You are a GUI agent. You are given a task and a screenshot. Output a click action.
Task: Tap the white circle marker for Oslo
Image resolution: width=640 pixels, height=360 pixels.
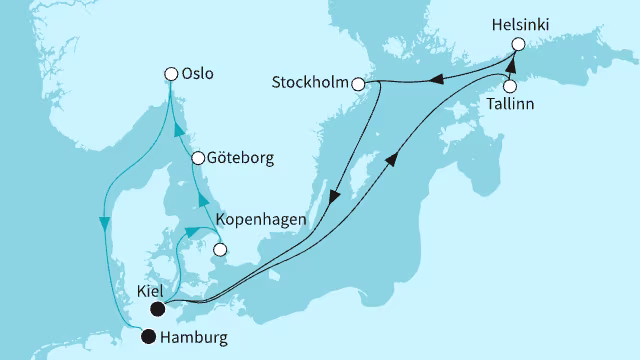[x=171, y=73]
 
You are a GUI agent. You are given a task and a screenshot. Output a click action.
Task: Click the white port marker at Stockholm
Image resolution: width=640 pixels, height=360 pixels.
[x=358, y=85]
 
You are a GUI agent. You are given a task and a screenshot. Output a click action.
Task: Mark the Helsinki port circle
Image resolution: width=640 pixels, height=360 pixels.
[x=518, y=44]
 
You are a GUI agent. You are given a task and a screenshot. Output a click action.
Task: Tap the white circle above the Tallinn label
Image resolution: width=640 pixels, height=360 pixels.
[x=510, y=86]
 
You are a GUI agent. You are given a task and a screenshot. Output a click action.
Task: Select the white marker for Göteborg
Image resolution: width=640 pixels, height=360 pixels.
[x=198, y=158]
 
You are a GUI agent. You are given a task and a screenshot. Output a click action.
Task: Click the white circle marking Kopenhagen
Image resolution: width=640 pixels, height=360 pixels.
[x=220, y=250]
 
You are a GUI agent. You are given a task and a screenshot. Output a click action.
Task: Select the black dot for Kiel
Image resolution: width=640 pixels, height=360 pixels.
[x=157, y=309]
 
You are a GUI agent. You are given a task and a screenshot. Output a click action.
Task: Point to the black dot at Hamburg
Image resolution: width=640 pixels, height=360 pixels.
[x=149, y=336]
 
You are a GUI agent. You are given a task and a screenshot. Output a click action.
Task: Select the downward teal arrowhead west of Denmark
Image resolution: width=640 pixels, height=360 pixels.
[x=104, y=221]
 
